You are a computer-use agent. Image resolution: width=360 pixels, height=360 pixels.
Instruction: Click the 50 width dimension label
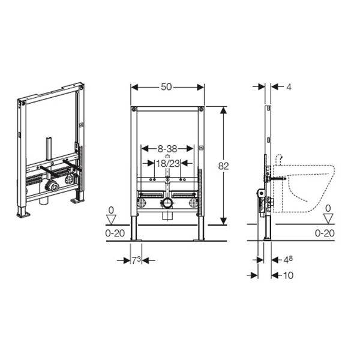166,87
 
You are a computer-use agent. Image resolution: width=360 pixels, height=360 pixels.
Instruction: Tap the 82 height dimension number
223,166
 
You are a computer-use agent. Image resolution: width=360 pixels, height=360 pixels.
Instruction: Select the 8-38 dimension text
167,149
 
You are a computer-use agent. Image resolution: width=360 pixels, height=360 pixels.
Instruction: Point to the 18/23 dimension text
168,163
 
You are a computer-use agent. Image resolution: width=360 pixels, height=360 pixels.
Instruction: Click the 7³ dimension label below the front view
136,260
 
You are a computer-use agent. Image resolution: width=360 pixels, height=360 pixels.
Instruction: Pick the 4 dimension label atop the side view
289,87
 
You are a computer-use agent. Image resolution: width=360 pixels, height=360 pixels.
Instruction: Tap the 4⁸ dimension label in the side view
288,260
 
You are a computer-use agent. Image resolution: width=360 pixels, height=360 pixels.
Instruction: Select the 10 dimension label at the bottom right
288,275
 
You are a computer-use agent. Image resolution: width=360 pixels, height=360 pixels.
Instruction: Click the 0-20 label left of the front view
115,233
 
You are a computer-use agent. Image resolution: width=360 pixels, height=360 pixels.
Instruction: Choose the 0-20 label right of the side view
325,233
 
